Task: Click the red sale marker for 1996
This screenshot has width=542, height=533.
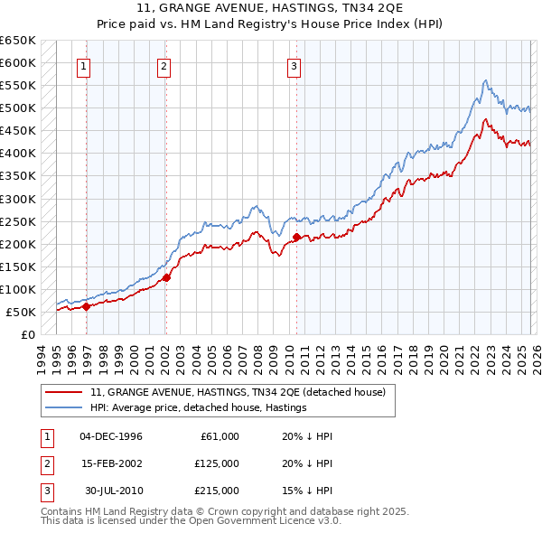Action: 86,306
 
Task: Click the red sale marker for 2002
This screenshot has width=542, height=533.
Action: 166,277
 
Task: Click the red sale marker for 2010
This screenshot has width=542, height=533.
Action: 297,237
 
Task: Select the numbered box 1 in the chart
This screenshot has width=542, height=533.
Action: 83,65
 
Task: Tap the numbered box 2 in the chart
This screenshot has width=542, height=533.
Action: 164,65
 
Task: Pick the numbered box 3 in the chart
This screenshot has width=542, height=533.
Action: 294,65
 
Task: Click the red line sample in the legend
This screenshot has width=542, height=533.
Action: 63,392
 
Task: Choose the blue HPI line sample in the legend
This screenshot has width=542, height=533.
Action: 63,407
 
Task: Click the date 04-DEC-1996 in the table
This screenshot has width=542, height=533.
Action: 111,436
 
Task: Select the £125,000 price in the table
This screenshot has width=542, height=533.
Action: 217,463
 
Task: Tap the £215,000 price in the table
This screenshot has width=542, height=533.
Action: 217,491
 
